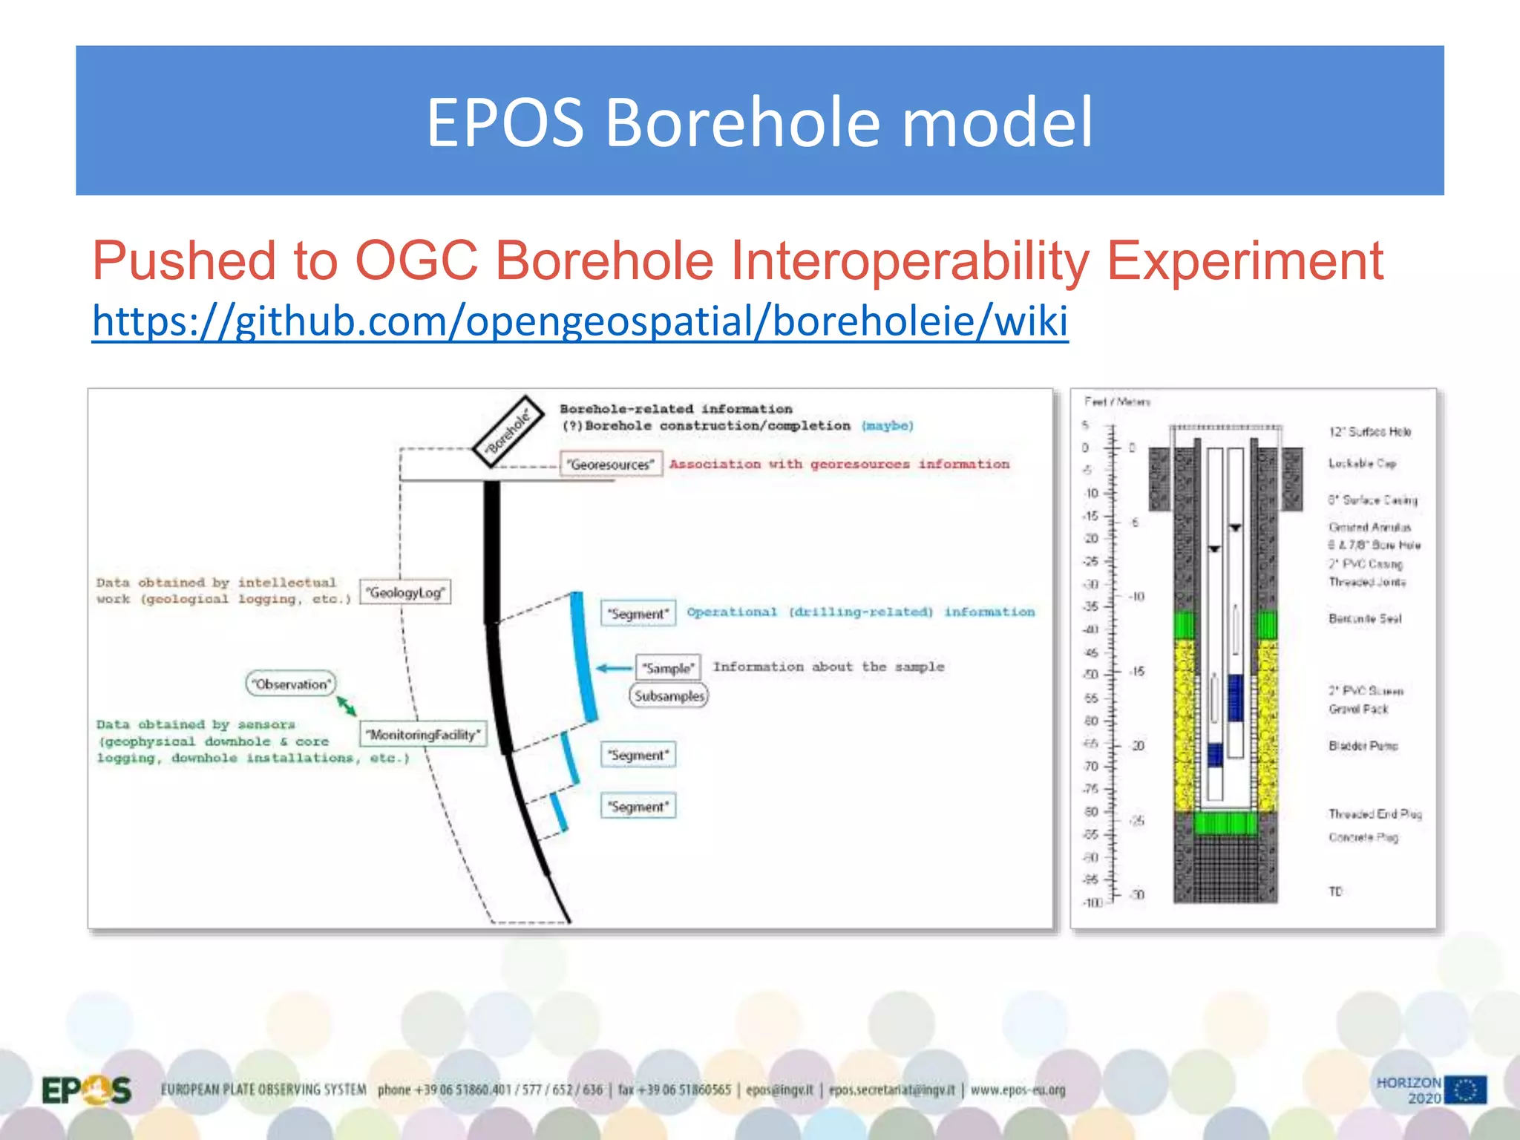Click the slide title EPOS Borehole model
pyautogui.click(x=759, y=122)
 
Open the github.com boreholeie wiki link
pyautogui.click(x=580, y=321)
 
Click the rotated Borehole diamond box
pyautogui.click(x=509, y=431)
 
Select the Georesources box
pyautogui.click(x=610, y=465)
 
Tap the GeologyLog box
pyautogui.click(x=405, y=592)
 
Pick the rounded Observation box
pyautogui.click(x=290, y=684)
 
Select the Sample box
pyautogui.click(x=668, y=667)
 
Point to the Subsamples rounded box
pyautogui.click(x=669, y=696)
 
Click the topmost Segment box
pyautogui.click(x=638, y=614)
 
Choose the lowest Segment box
pyautogui.click(x=638, y=807)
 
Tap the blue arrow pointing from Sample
pyautogui.click(x=615, y=668)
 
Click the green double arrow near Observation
pyautogui.click(x=347, y=706)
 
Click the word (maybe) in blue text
pyautogui.click(x=888, y=426)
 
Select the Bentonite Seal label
pyautogui.click(x=1365, y=618)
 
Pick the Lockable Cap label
pyautogui.click(x=1362, y=463)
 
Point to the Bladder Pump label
pyautogui.click(x=1363, y=745)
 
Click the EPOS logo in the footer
pyautogui.click(x=86, y=1090)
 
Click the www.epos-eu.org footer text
pyautogui.click(x=1018, y=1090)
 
